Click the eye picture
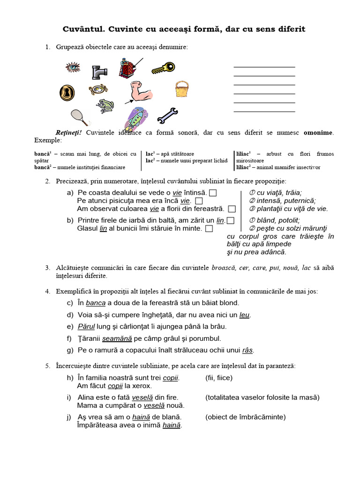click(73, 68)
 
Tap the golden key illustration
click(163, 68)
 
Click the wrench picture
click(167, 114)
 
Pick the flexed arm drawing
click(141, 91)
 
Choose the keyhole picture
click(67, 92)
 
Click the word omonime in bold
click(318, 133)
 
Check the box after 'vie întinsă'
click(213, 193)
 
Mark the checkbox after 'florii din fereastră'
click(232, 209)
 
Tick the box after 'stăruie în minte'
click(209, 229)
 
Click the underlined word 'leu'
click(244, 315)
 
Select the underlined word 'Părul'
click(86, 326)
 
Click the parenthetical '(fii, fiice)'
click(218, 377)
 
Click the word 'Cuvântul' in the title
click(83, 29)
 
